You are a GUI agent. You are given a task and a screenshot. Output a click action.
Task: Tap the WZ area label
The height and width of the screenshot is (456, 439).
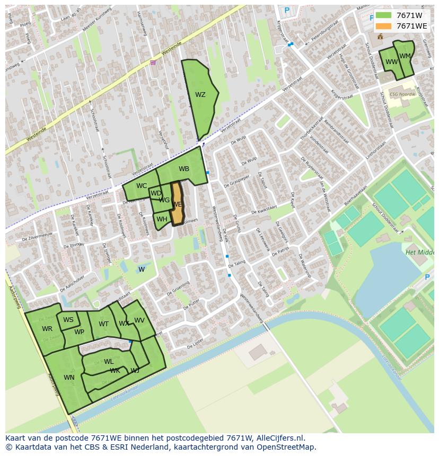[200, 95]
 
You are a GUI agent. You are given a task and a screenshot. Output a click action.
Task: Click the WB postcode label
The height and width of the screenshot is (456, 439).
[184, 169]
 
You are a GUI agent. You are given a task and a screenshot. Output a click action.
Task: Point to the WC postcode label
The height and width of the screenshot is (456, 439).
[142, 186]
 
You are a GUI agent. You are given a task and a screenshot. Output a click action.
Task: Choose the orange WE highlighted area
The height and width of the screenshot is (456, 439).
[177, 204]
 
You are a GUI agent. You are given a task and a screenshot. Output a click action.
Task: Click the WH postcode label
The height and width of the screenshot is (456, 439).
[162, 219]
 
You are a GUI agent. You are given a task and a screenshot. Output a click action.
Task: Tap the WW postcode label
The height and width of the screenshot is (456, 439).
[391, 62]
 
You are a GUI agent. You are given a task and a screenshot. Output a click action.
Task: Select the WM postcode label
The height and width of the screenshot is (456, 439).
[405, 56]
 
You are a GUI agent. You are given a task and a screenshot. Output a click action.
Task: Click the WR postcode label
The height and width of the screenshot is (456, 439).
[47, 329]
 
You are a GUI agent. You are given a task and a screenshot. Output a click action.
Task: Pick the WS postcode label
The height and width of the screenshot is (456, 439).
[68, 320]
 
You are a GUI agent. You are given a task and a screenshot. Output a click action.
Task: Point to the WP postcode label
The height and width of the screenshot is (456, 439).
[79, 332]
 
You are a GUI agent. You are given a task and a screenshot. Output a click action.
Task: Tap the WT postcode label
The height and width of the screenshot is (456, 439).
[103, 324]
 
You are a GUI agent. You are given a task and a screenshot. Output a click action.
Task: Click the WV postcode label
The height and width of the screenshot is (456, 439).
[139, 320]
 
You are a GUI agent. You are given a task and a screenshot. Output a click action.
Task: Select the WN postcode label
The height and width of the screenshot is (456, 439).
[69, 378]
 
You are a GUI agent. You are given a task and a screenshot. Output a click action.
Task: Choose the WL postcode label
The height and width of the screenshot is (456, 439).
[109, 362]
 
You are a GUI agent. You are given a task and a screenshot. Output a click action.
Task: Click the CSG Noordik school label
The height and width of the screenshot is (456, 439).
[402, 94]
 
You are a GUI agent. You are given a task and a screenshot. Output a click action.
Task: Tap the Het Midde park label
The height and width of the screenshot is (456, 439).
[419, 253]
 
